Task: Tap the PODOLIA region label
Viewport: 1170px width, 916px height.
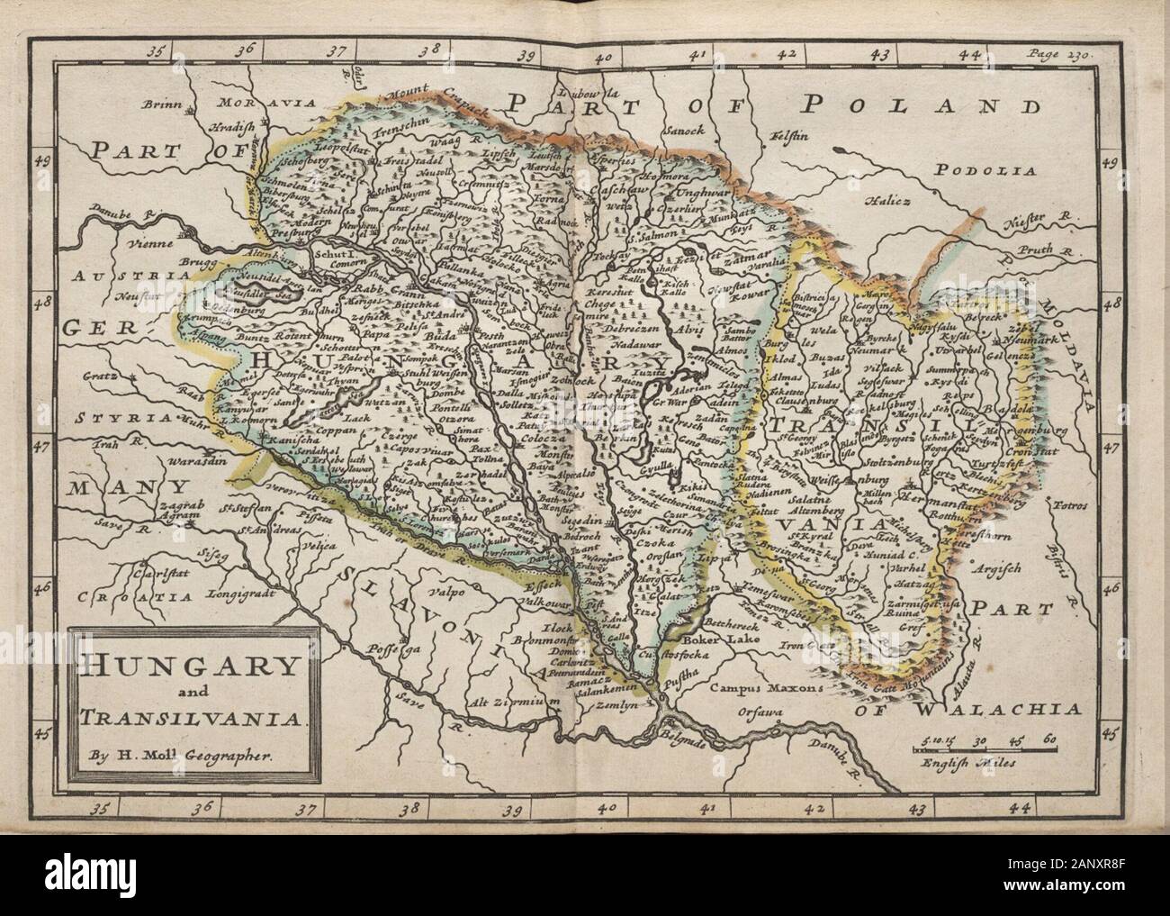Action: [985, 169]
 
